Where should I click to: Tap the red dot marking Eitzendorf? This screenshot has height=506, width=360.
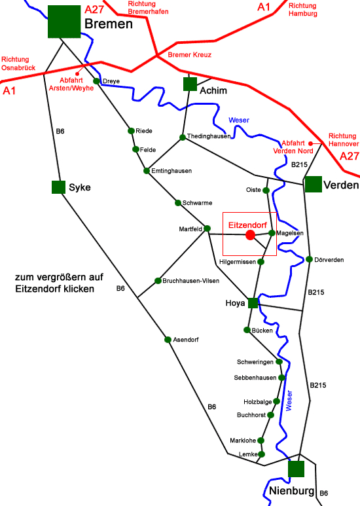(249, 234)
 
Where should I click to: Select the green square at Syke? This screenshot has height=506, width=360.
(58, 187)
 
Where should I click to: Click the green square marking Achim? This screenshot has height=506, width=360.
(190, 84)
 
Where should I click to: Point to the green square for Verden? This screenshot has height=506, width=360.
(313, 185)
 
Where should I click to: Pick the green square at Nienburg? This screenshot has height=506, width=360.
(296, 469)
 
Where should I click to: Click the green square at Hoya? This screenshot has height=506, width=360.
(253, 303)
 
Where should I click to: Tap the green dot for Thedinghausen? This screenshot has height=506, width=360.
(183, 137)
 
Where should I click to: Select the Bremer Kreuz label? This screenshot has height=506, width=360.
(190, 55)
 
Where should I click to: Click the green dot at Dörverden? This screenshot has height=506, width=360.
(310, 259)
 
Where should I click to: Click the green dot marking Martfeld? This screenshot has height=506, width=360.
(207, 228)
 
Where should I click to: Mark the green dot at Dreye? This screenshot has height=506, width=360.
(96, 81)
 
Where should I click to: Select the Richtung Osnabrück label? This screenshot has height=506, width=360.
(20, 63)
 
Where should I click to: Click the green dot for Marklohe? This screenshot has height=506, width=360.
(261, 440)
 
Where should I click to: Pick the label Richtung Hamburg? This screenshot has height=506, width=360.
(302, 9)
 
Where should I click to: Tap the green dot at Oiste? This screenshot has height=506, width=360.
(266, 190)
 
